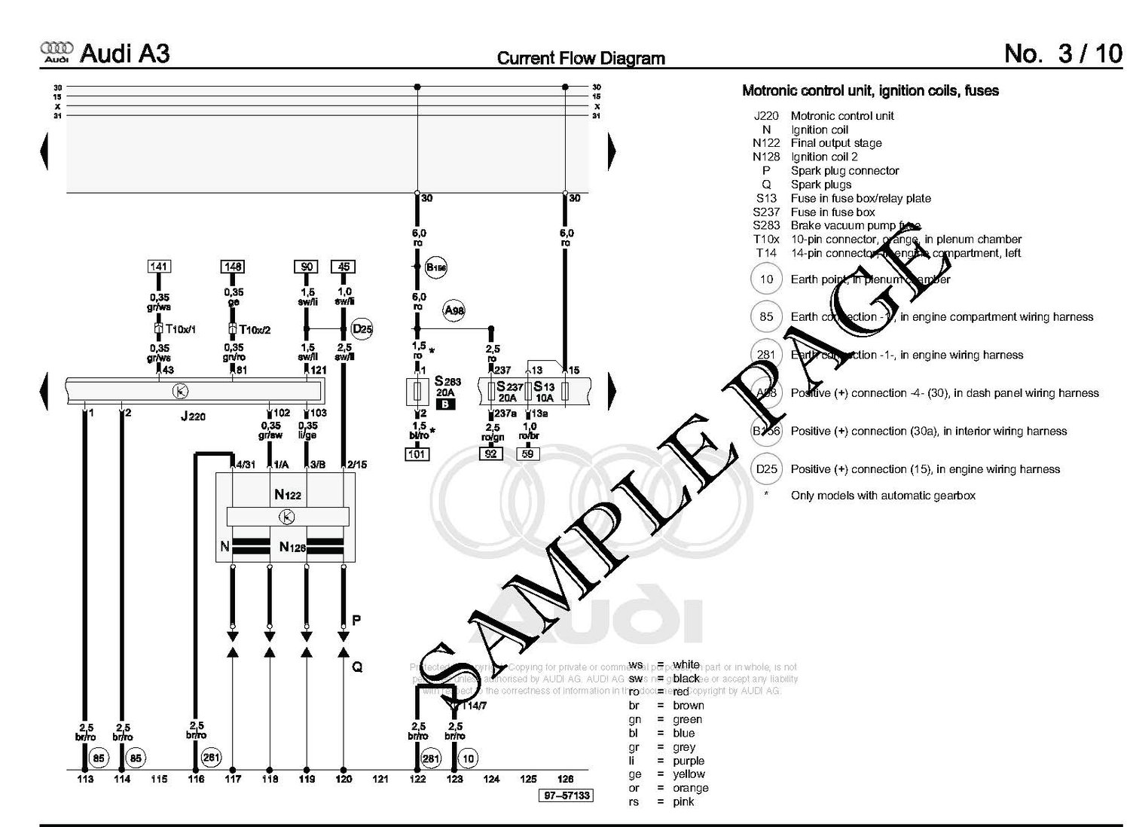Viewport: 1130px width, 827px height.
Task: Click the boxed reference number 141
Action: click(x=158, y=267)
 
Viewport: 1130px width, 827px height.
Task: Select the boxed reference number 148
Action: click(x=233, y=267)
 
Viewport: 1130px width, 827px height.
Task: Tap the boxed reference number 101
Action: click(x=417, y=454)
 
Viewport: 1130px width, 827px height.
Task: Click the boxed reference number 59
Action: click(x=527, y=454)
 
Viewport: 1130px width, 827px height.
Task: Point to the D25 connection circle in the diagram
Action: click(x=362, y=329)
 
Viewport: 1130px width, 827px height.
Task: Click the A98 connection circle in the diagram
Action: click(x=454, y=310)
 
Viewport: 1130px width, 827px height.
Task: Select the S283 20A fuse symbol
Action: click(x=417, y=392)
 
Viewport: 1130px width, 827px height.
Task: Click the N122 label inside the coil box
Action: click(x=287, y=495)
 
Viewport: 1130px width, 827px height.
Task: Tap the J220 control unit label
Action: click(x=193, y=416)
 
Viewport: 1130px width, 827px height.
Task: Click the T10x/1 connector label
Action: click(x=180, y=329)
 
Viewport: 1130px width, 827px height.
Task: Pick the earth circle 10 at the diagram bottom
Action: click(x=469, y=758)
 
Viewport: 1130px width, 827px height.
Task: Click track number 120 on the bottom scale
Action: click(x=344, y=779)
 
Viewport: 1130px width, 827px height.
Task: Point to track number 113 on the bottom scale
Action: click(x=85, y=779)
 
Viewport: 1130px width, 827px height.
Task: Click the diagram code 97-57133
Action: click(x=565, y=795)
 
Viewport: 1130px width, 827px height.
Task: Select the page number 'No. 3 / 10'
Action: click(x=1062, y=53)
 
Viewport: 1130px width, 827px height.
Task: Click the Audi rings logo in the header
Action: click(x=56, y=51)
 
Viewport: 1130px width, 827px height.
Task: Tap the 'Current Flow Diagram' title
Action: click(x=581, y=58)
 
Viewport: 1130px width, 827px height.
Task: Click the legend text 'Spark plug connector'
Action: click(x=844, y=171)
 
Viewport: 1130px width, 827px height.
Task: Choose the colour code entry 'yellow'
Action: click(x=689, y=774)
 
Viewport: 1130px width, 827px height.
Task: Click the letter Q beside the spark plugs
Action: click(x=357, y=667)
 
